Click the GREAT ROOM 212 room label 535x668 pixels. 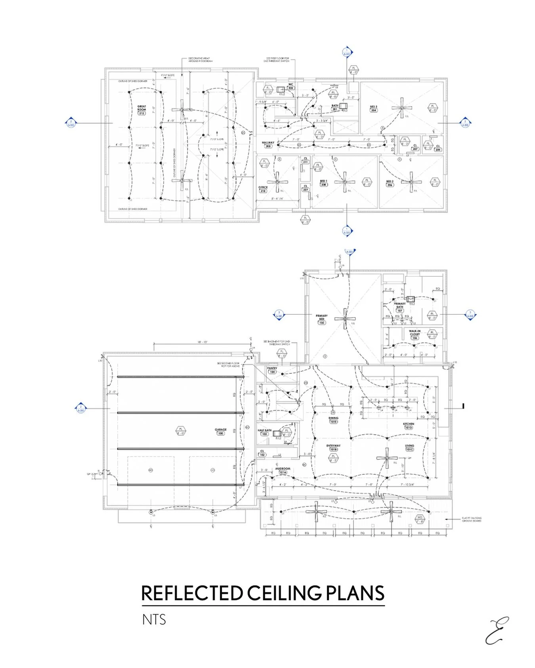(x=141, y=110)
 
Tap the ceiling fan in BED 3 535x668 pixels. (x=402, y=108)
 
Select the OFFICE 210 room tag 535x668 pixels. (x=263, y=189)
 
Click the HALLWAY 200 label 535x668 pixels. (x=268, y=145)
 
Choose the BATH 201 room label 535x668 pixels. (x=335, y=107)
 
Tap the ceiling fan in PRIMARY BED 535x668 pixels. (x=345, y=319)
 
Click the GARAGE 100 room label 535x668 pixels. (x=221, y=431)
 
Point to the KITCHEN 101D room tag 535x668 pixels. (x=409, y=426)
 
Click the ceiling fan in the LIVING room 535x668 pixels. (x=387, y=459)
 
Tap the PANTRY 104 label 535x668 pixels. (x=272, y=370)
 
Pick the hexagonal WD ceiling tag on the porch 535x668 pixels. (x=420, y=519)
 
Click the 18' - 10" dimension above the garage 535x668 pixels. (x=203, y=342)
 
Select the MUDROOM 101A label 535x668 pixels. (x=283, y=470)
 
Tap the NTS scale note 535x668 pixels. (x=154, y=620)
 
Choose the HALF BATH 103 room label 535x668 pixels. (x=264, y=432)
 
